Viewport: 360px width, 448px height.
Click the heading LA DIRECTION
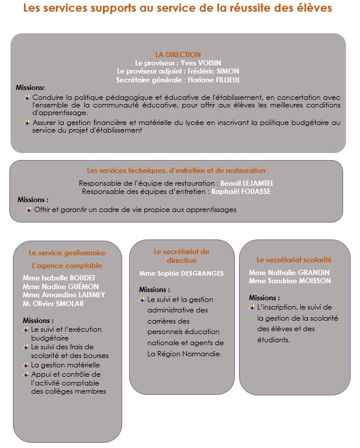[x=178, y=54]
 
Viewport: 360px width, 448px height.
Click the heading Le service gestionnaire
[x=67, y=253]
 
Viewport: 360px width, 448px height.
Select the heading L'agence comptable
[x=67, y=266]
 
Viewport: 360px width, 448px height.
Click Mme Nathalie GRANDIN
[x=289, y=272]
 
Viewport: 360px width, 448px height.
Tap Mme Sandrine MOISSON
[x=290, y=280]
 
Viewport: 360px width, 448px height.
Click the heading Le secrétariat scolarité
[x=294, y=259]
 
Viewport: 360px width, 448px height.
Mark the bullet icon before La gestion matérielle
[x=26, y=365]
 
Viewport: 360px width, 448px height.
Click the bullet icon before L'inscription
[x=251, y=307]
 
